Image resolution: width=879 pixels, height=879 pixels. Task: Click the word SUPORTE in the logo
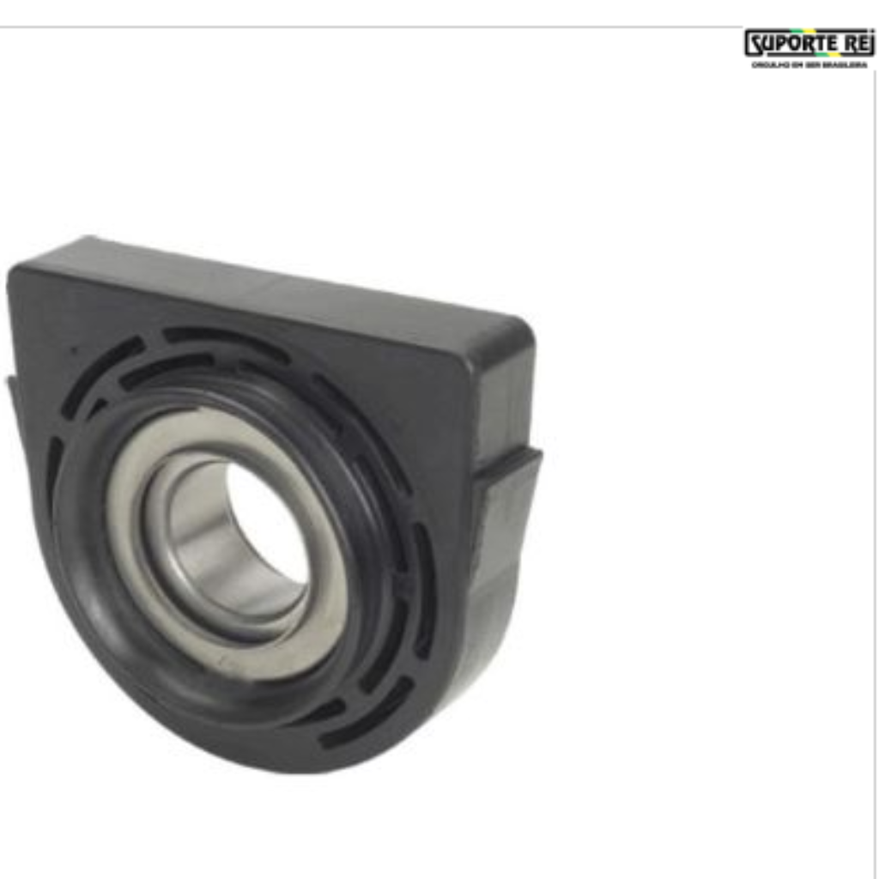[787, 44]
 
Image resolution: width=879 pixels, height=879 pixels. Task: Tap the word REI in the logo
[853, 44]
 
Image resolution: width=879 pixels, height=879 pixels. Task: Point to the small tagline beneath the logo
[809, 64]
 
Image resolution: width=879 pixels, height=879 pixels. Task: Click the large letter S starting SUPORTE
[753, 44]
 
